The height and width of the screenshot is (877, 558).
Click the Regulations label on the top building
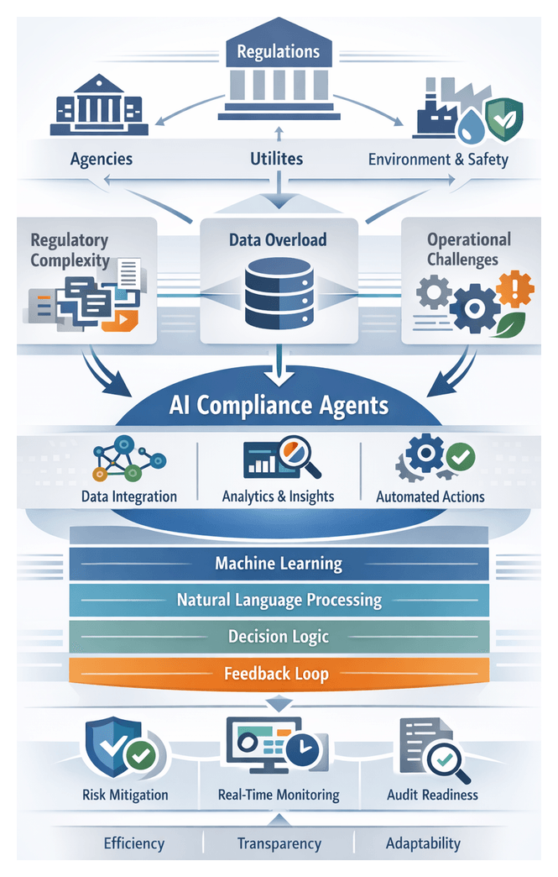(278, 52)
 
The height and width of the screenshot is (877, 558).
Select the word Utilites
(277, 158)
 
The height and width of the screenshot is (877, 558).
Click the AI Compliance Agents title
(279, 406)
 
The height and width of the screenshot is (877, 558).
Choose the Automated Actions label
(430, 496)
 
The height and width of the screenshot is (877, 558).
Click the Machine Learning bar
(279, 563)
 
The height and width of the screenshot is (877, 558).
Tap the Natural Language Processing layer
(279, 600)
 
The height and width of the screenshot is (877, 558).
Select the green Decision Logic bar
(279, 636)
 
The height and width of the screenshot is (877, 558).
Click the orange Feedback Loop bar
(279, 673)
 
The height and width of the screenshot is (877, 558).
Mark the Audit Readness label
(432, 794)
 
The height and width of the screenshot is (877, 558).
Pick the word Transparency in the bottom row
(279, 843)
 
